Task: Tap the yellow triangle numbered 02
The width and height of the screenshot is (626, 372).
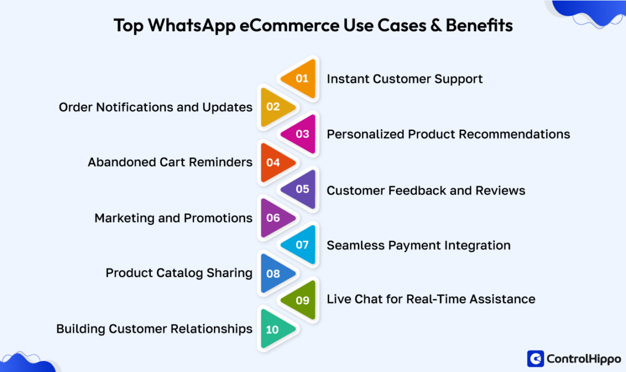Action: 274,107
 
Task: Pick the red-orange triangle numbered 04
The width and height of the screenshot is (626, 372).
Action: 274,162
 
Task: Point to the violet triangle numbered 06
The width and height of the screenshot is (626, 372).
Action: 274,218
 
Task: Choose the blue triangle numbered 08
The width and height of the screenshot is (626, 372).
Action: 274,273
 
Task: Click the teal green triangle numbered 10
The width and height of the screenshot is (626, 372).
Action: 274,329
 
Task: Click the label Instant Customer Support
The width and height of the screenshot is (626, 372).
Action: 405,79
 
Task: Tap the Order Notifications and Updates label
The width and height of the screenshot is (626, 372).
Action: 155,107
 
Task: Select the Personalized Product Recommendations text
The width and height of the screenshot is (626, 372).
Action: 448,134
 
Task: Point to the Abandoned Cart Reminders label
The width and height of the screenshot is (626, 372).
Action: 170,162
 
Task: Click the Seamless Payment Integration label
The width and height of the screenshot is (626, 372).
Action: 418,245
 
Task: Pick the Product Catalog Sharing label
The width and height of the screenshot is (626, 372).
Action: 179,273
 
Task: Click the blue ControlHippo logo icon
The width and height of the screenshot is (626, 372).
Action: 535,359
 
